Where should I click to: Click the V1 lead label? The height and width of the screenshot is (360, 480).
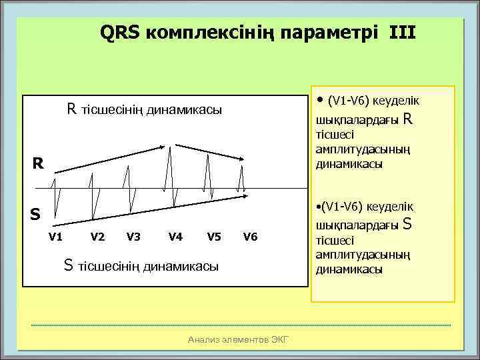[x=56, y=236]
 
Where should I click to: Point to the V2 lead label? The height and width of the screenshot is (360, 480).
[x=97, y=236]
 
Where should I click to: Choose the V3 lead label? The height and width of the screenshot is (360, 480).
[x=133, y=236]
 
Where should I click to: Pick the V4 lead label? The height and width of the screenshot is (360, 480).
[x=176, y=236]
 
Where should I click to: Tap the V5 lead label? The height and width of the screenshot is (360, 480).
[x=214, y=236]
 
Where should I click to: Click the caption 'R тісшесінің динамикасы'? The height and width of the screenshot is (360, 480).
[x=143, y=109]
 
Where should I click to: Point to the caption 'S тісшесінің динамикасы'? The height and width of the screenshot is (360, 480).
[x=141, y=266]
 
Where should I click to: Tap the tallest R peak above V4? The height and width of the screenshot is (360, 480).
[x=171, y=147]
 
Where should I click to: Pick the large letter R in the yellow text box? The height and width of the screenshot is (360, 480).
[x=408, y=120]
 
